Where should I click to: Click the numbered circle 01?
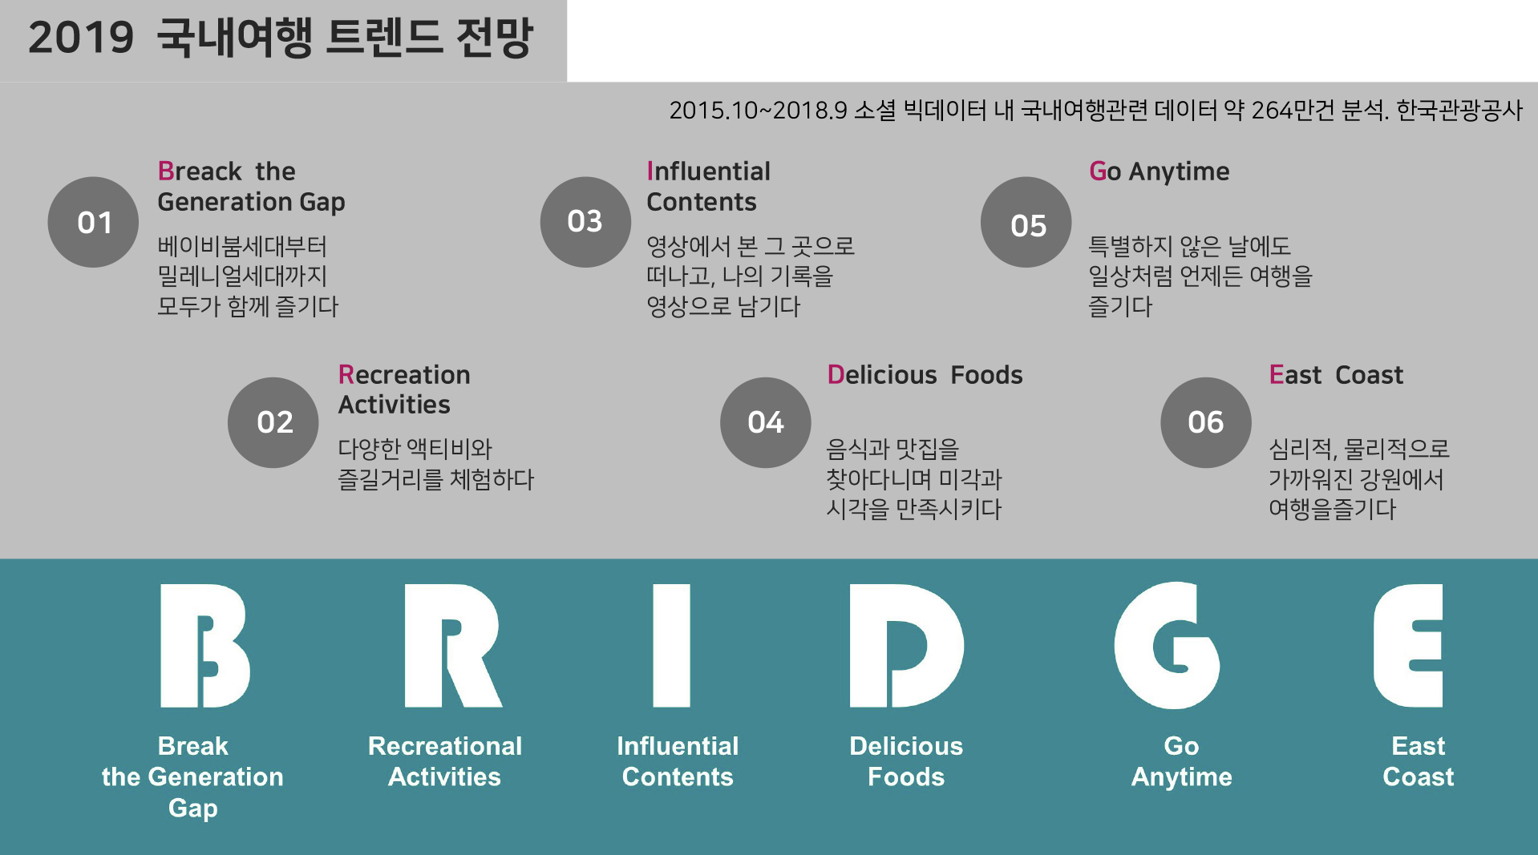(x=93, y=222)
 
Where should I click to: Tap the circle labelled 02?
(x=273, y=422)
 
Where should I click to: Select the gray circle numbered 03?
(x=585, y=222)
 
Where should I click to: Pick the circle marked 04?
(x=766, y=422)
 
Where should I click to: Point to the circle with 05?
(x=1026, y=222)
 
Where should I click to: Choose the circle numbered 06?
(x=1206, y=422)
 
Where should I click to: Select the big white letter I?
(x=672, y=646)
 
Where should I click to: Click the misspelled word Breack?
(x=200, y=171)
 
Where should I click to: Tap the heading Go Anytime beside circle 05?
(x=1159, y=171)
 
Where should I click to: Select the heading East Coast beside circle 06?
(x=1336, y=375)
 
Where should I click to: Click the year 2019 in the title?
(x=81, y=38)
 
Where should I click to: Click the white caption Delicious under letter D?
(x=906, y=746)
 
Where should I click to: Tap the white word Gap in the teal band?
(x=192, y=809)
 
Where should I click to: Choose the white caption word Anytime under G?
(x=1181, y=778)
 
